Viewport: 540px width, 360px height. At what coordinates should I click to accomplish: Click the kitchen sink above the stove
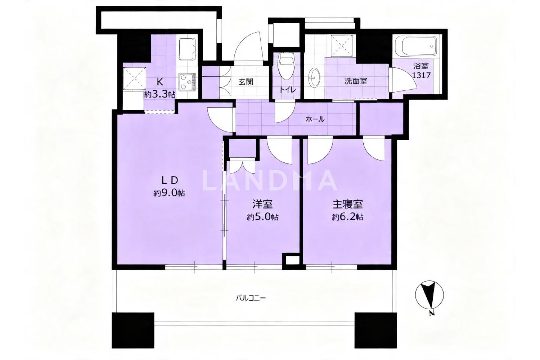(x=187, y=49)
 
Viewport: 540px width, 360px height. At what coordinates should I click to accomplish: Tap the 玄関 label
(x=246, y=82)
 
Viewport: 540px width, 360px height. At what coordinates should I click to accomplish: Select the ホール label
(x=315, y=119)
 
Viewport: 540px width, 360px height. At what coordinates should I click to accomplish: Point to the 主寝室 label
(x=348, y=205)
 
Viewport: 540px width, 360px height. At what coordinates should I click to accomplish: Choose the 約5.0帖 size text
(x=263, y=217)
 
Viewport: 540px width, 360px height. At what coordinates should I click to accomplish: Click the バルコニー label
(x=251, y=298)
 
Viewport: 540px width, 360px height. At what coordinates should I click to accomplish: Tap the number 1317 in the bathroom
(x=421, y=75)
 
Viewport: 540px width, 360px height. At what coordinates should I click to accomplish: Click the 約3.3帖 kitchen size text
(x=160, y=94)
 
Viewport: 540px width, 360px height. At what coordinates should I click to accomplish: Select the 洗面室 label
(x=356, y=81)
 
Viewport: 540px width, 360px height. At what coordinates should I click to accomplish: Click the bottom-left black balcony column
(x=133, y=330)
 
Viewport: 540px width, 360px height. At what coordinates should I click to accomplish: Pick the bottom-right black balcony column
(x=375, y=330)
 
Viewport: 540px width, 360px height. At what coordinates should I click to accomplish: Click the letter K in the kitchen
(x=160, y=82)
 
